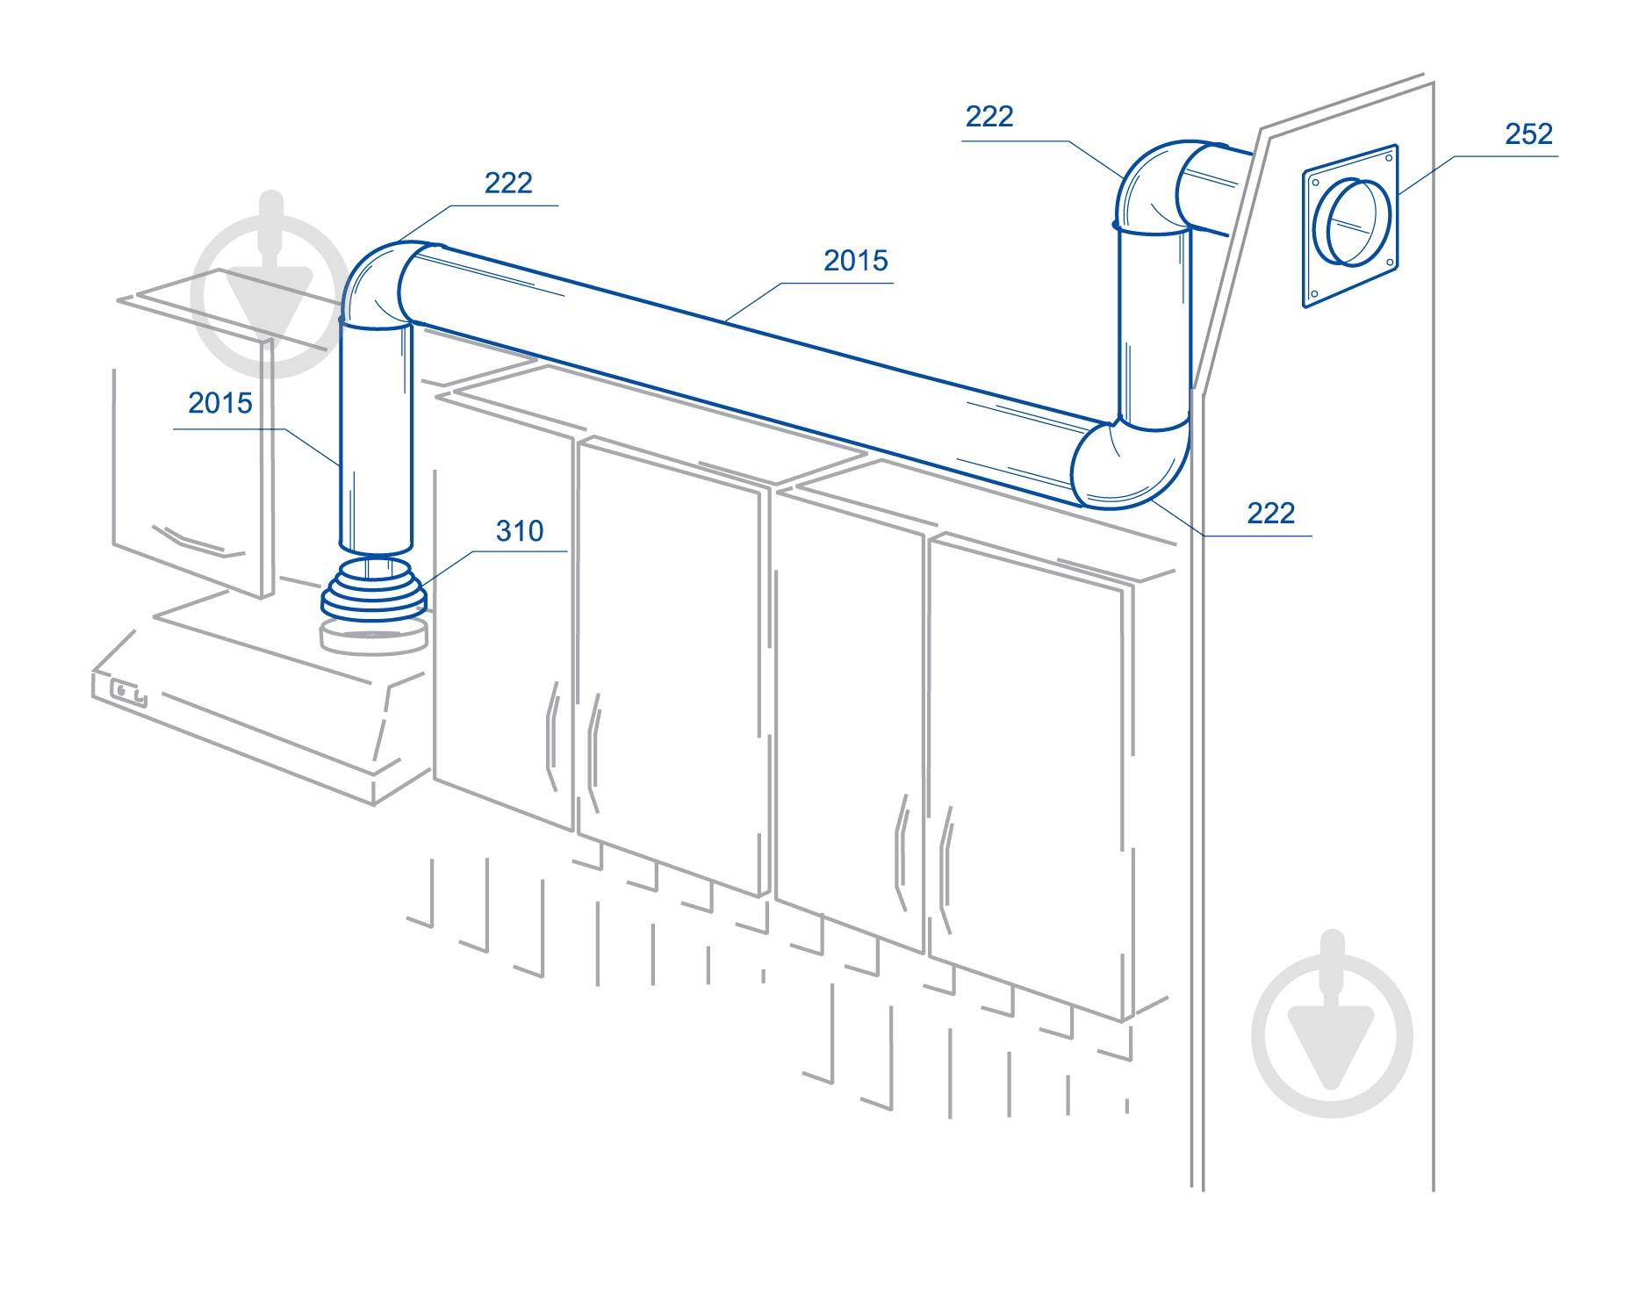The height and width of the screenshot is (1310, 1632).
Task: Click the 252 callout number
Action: click(x=1528, y=133)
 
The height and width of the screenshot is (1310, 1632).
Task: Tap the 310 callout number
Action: click(x=520, y=530)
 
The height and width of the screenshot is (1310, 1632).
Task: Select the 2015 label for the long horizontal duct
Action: click(x=855, y=260)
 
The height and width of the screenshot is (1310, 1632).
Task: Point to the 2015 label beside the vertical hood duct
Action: click(x=219, y=403)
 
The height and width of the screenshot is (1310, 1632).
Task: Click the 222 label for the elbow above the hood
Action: click(x=508, y=183)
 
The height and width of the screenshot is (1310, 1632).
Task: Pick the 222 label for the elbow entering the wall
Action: click(x=989, y=116)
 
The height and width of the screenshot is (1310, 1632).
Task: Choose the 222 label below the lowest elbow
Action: click(x=1270, y=513)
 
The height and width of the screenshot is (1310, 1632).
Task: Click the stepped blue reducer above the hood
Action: click(x=374, y=588)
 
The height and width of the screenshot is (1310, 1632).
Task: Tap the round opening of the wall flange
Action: click(x=1352, y=221)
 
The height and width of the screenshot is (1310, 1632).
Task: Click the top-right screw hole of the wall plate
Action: click(x=1388, y=158)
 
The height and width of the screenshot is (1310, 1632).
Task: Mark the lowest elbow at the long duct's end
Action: click(x=1130, y=464)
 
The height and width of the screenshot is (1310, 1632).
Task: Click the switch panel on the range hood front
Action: click(x=128, y=694)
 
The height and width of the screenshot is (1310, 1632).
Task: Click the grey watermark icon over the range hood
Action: click(x=270, y=283)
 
